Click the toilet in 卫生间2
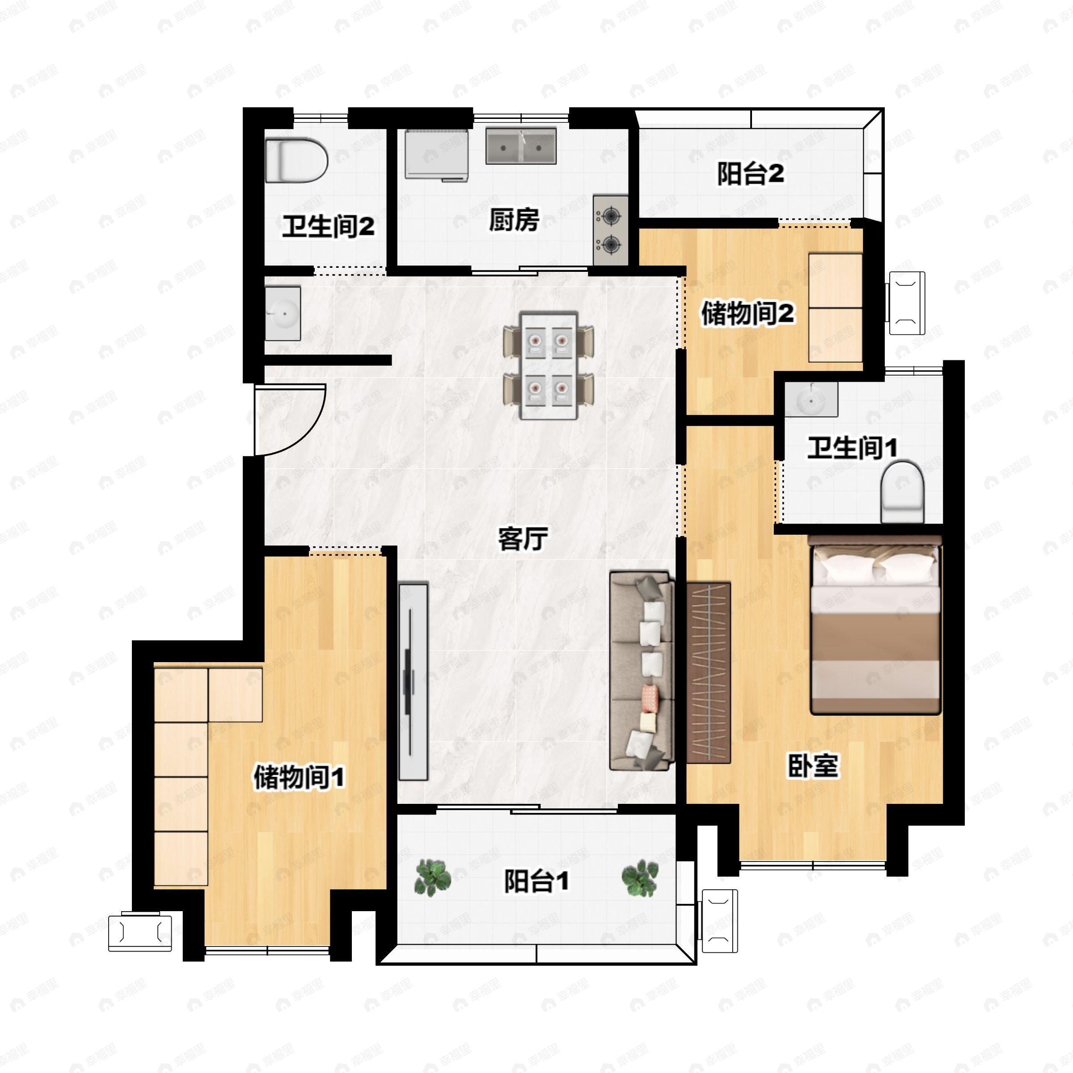296,161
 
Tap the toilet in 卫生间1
903,491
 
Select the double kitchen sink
521,146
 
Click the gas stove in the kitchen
610,230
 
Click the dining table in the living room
549,365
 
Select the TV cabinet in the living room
414,681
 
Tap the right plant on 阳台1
639,878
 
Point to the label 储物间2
748,314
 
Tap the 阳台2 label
750,174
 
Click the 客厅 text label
523,539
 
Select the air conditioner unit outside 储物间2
906,303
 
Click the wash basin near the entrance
283,313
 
